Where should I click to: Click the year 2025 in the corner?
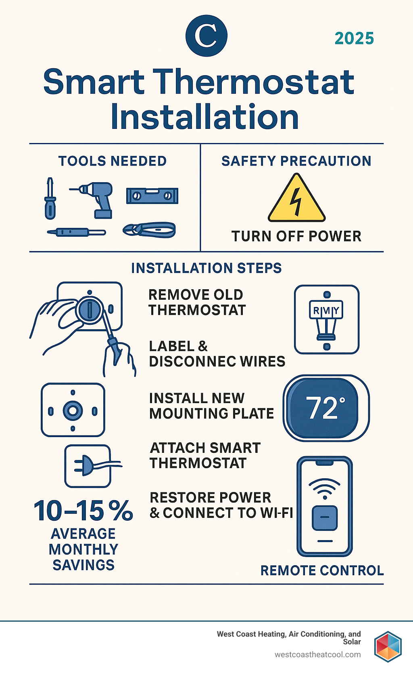pos(354,38)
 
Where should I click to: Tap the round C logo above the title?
pos(206,36)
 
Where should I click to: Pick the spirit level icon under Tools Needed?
pos(152,196)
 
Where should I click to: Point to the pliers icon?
pos(150,230)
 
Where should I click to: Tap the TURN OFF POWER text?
pos(296,236)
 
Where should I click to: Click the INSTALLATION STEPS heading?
pos(206,268)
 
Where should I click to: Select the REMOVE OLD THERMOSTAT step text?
pos(197,302)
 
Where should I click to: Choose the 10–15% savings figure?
pos(83,511)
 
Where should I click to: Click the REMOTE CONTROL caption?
pos(322,571)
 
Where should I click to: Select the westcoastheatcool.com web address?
pos(317,654)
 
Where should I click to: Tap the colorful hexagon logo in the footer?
pos(388,646)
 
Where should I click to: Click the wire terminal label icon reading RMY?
pos(326,311)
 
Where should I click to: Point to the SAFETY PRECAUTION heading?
pos(296,161)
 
